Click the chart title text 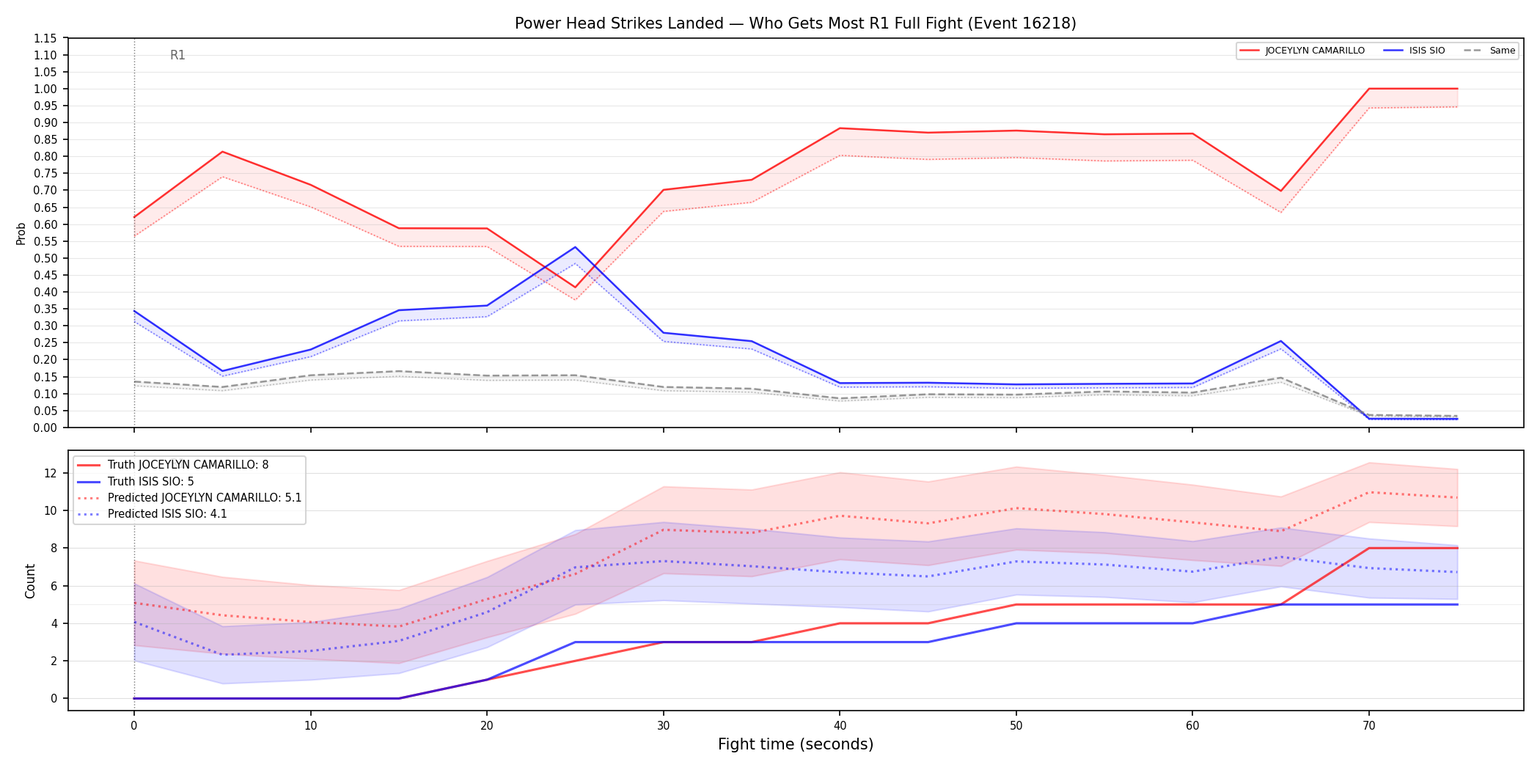pos(795,23)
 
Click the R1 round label pos(177,55)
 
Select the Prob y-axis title pos(21,233)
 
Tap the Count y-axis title pos(30,581)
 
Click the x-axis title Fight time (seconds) pos(796,744)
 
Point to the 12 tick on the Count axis pos(51,473)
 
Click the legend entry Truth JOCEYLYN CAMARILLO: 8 pos(188,465)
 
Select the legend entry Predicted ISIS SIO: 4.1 pos(167,514)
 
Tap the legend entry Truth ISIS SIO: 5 pos(151,482)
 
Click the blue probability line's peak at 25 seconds pos(576,247)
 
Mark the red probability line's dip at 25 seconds pos(576,287)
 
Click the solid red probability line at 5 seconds pos(222,152)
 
